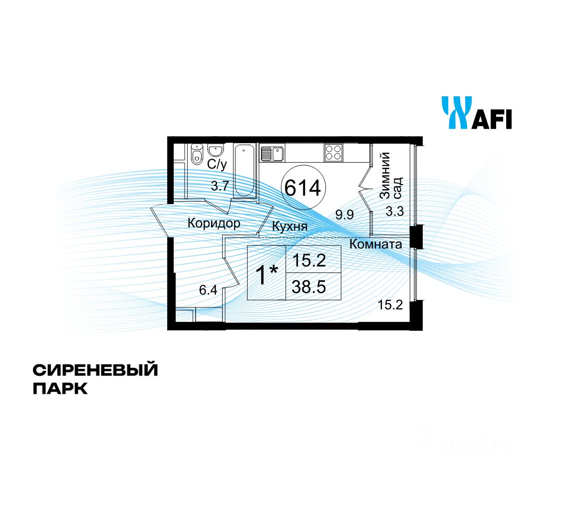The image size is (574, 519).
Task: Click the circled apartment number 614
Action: point(302,188)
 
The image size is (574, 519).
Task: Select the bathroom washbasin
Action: point(215,151)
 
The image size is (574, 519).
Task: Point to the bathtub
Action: point(245,171)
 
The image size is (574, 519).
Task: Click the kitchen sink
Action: point(272,153)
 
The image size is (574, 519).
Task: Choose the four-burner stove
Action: point(333,152)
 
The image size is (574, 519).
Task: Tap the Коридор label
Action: point(214,223)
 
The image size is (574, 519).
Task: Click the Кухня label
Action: point(289,227)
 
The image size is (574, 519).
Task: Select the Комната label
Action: point(375,245)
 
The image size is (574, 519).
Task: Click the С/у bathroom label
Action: point(217,164)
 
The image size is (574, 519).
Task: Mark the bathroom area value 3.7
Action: point(220,186)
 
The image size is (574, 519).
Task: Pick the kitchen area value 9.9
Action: point(344,215)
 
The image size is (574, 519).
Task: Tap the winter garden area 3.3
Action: point(394,212)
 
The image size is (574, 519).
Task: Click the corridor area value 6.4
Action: point(208,289)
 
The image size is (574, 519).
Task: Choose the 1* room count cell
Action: point(267,273)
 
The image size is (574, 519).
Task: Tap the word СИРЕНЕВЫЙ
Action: point(95,370)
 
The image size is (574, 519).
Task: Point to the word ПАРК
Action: point(60,388)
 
